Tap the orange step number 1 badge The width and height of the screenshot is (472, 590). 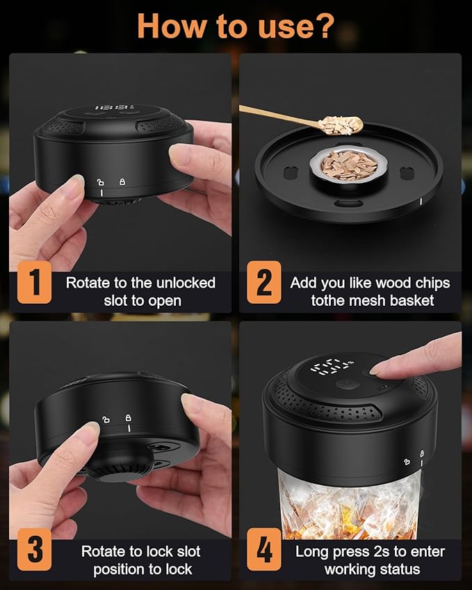click(34, 282)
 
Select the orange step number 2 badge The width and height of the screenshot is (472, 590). click(264, 282)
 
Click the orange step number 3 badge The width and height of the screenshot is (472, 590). click(34, 550)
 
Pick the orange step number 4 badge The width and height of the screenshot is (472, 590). click(264, 550)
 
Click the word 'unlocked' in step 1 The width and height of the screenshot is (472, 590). click(186, 283)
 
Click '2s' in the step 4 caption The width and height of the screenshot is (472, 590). click(382, 552)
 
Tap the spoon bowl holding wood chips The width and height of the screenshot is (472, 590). click(340, 125)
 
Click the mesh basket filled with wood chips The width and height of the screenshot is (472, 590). click(349, 165)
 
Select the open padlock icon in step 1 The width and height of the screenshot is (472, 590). click(100, 182)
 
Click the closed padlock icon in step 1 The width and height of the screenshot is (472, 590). click(122, 182)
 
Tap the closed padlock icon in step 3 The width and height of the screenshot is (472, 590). click(129, 418)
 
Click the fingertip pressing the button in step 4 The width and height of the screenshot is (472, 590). click(376, 370)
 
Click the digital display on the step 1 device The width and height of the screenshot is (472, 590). click(113, 108)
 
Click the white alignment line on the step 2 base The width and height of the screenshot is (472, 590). click(421, 202)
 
